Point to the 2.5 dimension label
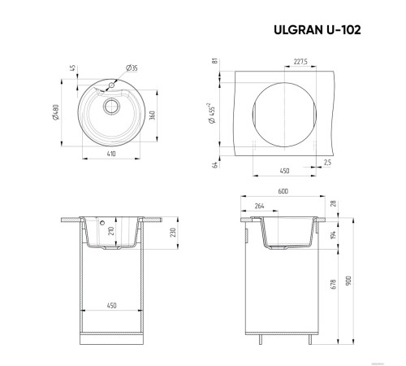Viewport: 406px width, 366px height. pyautogui.click(x=328, y=163)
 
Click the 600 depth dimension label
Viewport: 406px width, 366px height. pyautogui.click(x=283, y=192)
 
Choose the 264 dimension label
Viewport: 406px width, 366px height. pyautogui.click(x=258, y=205)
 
